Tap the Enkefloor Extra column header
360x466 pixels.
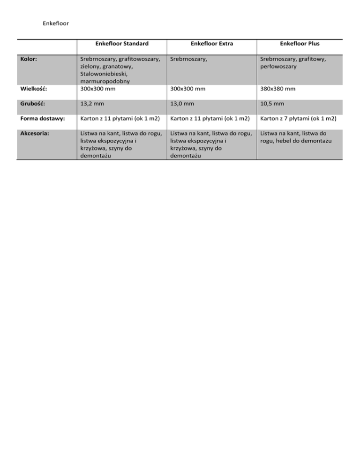pyautogui.click(x=212, y=44)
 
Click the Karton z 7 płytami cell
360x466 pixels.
pyautogui.click(x=300, y=119)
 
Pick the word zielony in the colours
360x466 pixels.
pyautogui.click(x=91, y=67)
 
